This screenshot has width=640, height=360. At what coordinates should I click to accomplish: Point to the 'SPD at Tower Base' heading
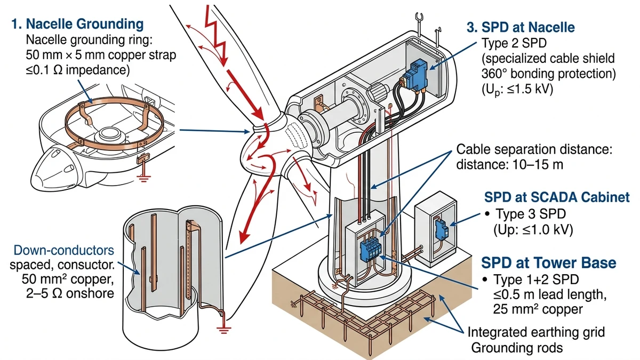[x=549, y=262]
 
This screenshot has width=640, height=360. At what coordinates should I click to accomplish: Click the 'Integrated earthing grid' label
[x=536, y=333]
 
